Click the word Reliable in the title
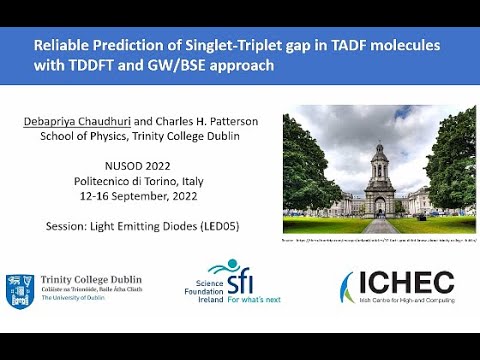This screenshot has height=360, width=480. [x=62, y=46]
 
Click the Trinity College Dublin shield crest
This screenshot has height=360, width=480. [x=19, y=290]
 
